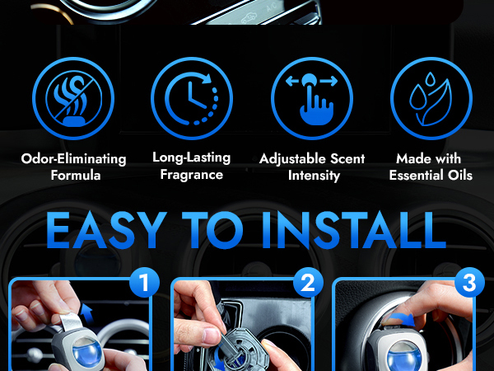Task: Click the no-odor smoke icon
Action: [x=73, y=98]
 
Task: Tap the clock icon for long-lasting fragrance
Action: [x=192, y=98]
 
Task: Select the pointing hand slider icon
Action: [x=312, y=98]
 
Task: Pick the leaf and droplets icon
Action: [x=431, y=98]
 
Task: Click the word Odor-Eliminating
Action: [x=73, y=158]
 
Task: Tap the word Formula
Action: [x=76, y=175]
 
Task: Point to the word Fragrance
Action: [x=192, y=175]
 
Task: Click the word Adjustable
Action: [x=290, y=158]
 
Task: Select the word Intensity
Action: [x=315, y=176]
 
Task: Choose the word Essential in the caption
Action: [x=417, y=175]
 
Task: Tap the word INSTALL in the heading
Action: [x=353, y=230]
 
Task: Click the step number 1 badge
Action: [x=144, y=282]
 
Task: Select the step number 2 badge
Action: [x=308, y=282]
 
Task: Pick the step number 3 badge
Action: [x=469, y=282]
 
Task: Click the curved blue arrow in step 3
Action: [x=401, y=320]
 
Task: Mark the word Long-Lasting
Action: [x=192, y=157]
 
